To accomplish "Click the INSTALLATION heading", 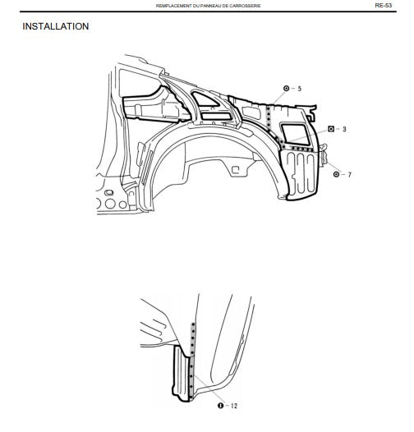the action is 56,26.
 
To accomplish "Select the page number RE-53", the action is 383,5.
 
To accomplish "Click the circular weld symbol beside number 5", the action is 286,89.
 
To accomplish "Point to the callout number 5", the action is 300,89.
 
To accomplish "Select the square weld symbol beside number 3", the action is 331,129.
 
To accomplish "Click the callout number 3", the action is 344,129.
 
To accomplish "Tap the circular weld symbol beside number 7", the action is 336,174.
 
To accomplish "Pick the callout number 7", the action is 349,175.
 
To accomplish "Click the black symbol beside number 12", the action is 220,405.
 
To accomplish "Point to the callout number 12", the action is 234,406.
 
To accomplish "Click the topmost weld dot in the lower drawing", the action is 193,324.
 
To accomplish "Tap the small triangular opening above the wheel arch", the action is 205,99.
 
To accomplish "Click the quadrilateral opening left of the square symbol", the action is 295,134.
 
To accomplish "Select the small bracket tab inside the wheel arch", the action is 236,170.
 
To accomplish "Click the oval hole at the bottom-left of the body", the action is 109,192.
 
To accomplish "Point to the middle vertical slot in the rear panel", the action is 301,172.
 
